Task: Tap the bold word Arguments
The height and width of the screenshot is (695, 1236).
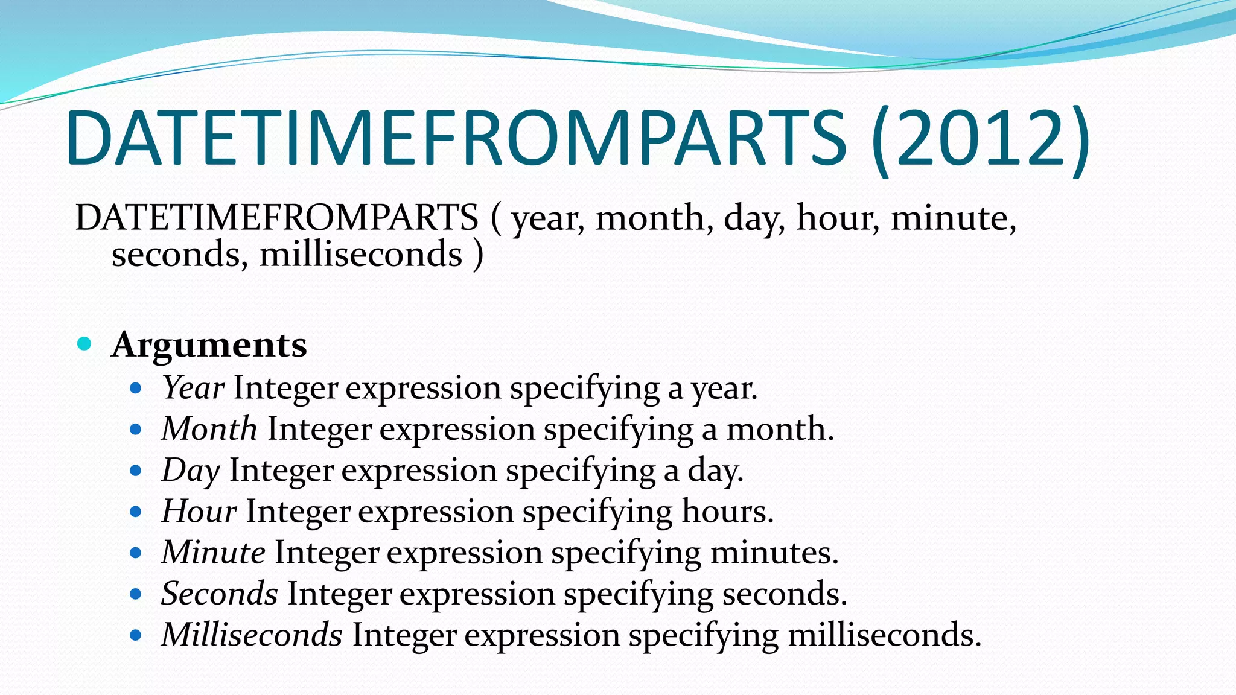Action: (x=209, y=345)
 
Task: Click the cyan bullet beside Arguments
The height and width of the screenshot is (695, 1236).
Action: (x=84, y=344)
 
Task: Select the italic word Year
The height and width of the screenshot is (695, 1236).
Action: (x=193, y=387)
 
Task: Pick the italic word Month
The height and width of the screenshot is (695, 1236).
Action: (x=209, y=429)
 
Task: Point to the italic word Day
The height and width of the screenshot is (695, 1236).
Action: (x=191, y=471)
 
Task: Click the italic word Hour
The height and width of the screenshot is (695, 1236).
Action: (x=199, y=511)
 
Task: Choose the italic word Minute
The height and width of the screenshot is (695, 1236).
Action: (x=213, y=552)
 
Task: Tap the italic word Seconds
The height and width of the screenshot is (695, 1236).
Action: (x=220, y=594)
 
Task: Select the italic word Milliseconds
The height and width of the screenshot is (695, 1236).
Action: (x=252, y=635)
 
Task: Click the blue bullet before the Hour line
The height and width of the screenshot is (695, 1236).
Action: (x=136, y=512)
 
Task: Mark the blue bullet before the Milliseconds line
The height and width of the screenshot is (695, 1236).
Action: (x=136, y=635)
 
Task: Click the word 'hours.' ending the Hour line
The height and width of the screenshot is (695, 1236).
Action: (x=727, y=511)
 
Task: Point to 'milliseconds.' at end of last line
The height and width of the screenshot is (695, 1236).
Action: (x=884, y=635)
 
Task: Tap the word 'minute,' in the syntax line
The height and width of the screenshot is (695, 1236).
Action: (x=954, y=218)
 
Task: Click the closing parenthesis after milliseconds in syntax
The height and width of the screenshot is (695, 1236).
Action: (x=478, y=255)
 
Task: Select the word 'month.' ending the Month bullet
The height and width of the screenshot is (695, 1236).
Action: (x=780, y=429)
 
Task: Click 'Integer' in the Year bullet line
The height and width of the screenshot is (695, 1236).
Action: (x=285, y=387)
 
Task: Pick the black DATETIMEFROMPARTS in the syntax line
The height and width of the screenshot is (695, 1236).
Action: (x=276, y=218)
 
